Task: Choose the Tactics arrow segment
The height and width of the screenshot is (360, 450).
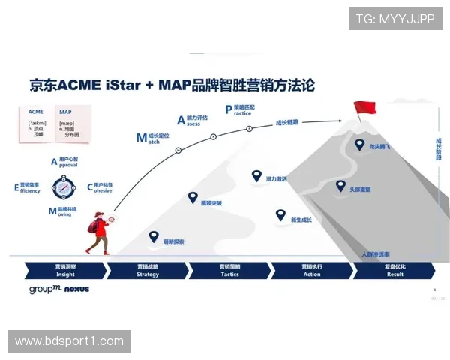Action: [229, 270]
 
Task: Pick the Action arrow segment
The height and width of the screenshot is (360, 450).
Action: [312, 270]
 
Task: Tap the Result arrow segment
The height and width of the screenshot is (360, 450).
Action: [394, 270]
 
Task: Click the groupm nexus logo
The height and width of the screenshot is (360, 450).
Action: [59, 288]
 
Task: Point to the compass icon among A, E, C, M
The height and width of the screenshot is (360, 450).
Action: [64, 185]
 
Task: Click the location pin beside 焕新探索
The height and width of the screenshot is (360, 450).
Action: [154, 236]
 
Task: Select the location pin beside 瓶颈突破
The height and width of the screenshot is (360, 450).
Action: [193, 197]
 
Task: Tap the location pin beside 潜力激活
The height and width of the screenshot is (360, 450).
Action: [257, 176]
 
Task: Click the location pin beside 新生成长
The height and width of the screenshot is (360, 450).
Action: [280, 215]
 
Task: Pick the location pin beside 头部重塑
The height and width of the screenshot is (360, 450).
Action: [340, 186]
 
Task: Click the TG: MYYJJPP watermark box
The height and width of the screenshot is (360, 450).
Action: [395, 19]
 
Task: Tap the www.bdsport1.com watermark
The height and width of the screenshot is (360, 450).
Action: [69, 341]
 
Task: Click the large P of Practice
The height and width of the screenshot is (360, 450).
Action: [229, 109]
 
